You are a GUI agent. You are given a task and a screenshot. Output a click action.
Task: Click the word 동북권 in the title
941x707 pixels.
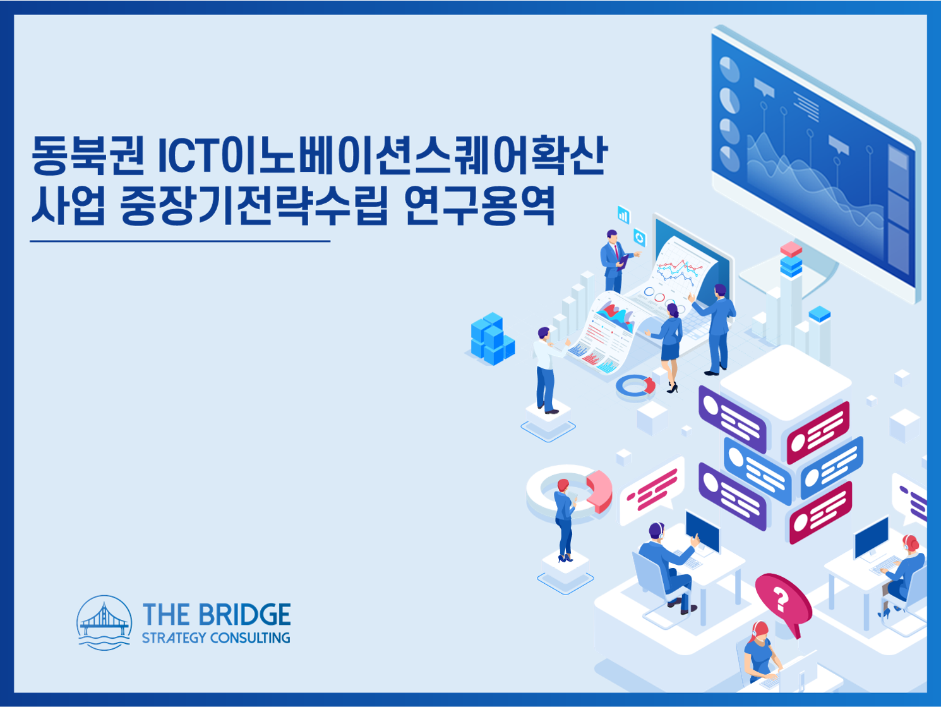point(88,155)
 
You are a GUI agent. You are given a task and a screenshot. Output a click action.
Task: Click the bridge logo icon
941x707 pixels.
point(104,622)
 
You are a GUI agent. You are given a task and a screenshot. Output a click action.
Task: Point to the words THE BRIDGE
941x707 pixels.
point(217,614)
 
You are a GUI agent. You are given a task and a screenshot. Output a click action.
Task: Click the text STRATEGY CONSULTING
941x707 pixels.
point(216,638)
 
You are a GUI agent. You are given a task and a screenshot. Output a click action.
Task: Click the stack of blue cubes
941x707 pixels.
point(493,339)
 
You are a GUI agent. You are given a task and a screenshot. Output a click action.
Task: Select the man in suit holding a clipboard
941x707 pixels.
point(616,261)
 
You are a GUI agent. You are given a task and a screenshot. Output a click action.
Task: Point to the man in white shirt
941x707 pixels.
point(549,370)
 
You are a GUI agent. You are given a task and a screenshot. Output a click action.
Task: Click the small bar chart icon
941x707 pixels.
point(623,215)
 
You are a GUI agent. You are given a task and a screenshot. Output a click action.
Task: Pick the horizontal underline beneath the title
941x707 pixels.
point(180,241)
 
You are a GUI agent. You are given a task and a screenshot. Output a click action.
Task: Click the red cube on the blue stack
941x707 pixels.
point(791,249)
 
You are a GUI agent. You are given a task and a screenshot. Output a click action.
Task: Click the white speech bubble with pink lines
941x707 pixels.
point(652,492)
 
